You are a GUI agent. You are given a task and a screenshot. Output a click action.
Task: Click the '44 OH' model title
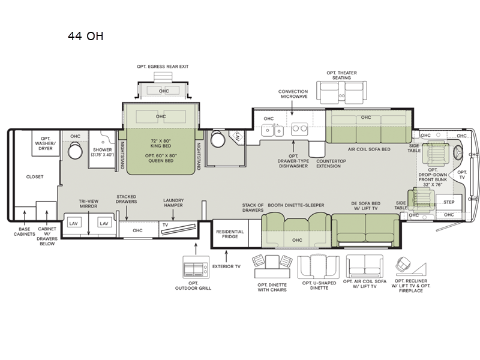pos(85,36)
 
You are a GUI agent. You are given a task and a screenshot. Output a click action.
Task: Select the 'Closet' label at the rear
pos(35,177)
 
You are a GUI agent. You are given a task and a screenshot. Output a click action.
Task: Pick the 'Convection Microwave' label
pos(293,95)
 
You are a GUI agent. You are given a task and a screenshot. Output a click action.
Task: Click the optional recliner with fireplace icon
pos(408,265)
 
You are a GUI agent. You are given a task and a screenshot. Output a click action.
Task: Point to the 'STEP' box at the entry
pos(449,203)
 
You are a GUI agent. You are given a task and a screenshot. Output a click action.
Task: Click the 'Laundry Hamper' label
pos(173,203)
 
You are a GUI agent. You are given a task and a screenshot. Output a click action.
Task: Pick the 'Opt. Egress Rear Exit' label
pos(163,67)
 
